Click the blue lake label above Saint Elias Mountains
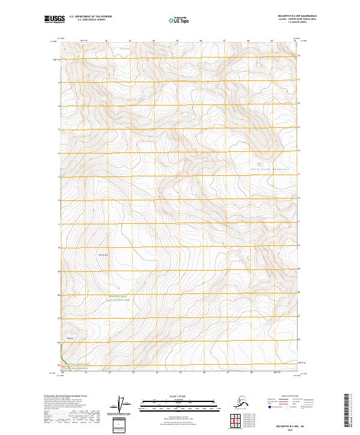tap(260, 163)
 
